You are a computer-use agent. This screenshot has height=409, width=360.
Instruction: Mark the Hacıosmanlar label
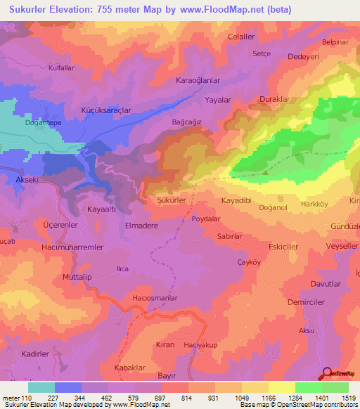[x=155, y=298]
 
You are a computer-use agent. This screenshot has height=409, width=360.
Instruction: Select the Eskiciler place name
[x=283, y=247]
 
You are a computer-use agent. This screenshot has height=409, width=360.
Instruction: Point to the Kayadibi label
[x=236, y=200]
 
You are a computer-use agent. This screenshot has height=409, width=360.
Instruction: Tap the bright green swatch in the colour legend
[x=308, y=387]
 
